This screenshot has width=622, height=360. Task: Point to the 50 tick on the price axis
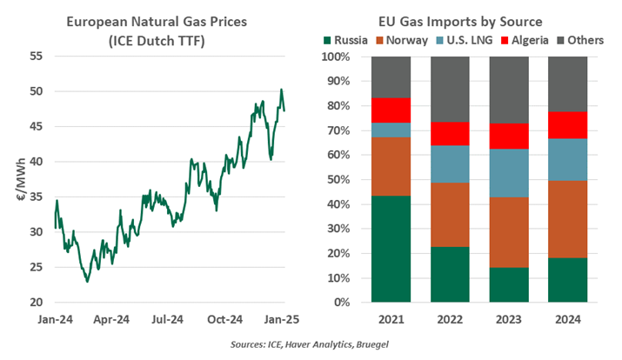[37, 91]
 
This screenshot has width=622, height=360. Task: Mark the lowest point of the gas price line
[87, 281]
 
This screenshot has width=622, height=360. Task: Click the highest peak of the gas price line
[281, 90]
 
